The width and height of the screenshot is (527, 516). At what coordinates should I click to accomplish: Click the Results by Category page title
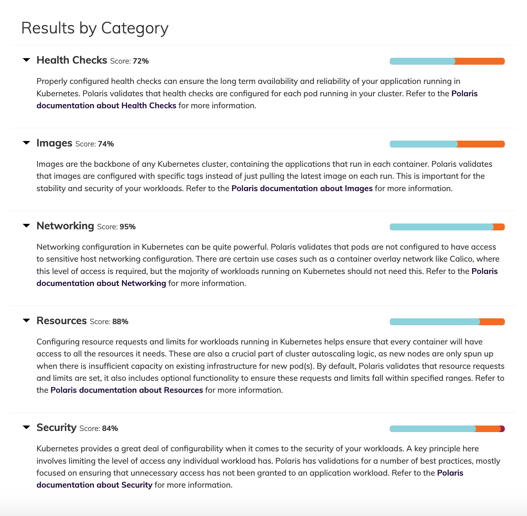click(x=95, y=28)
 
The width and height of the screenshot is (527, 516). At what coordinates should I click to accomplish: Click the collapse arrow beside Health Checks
click(x=26, y=60)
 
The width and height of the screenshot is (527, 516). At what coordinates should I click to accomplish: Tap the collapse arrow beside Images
click(x=26, y=143)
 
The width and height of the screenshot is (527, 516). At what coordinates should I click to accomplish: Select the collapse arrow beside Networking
click(x=26, y=226)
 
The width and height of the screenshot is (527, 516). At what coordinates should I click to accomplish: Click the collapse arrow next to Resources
click(x=26, y=321)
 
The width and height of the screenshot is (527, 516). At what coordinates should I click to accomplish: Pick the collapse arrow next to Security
click(x=26, y=427)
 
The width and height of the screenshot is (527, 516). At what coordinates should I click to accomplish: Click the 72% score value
click(x=140, y=61)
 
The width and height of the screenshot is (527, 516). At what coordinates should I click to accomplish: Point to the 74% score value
click(x=106, y=144)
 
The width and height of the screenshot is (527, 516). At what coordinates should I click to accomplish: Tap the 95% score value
click(x=127, y=227)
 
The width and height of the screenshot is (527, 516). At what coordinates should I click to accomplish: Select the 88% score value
click(x=120, y=322)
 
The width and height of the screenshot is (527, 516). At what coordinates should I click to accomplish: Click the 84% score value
click(x=110, y=428)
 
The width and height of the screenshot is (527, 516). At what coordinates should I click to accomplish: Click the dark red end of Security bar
click(x=503, y=429)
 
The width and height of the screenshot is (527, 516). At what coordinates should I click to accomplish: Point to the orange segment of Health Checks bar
click(x=480, y=61)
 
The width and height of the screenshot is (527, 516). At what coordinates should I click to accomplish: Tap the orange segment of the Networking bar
click(x=499, y=227)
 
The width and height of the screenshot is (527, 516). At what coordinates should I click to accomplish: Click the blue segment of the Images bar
click(x=423, y=144)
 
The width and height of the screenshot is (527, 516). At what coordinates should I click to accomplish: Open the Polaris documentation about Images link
click(x=302, y=188)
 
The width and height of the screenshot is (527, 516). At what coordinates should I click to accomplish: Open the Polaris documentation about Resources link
click(x=127, y=390)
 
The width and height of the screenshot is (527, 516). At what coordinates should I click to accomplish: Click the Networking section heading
click(x=65, y=226)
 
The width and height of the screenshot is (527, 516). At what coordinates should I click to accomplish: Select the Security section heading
click(x=56, y=427)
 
